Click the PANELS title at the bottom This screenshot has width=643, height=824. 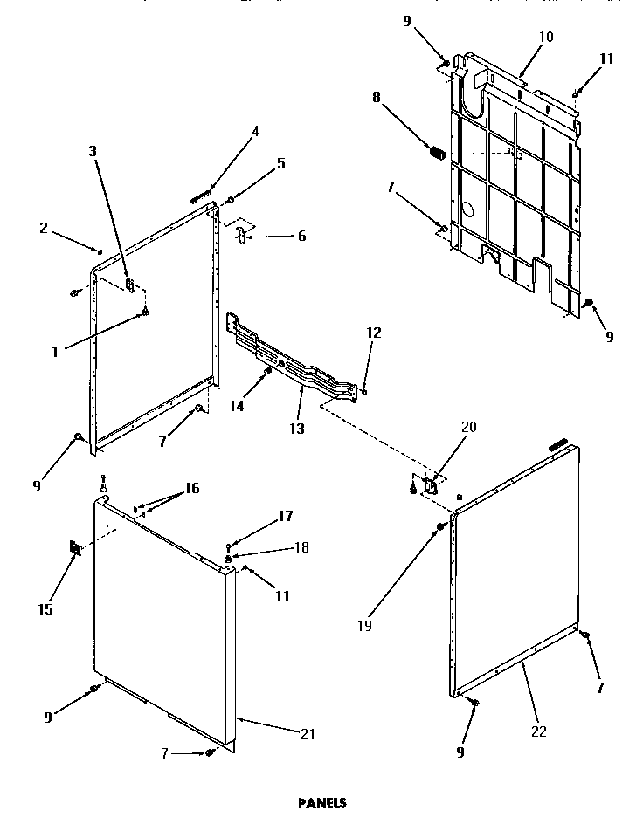(x=321, y=803)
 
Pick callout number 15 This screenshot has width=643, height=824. (x=45, y=609)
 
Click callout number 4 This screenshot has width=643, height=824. (x=255, y=132)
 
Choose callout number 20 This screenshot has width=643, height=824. (x=469, y=427)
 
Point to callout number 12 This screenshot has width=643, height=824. (x=373, y=332)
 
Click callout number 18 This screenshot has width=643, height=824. (x=302, y=547)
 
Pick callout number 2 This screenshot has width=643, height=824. (x=44, y=229)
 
